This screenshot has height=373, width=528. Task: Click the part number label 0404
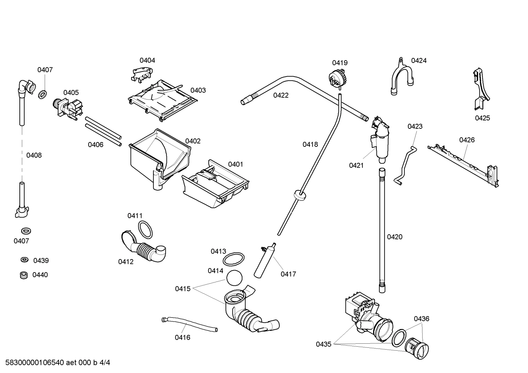point(147,60)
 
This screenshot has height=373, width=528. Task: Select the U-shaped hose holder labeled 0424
point(402,77)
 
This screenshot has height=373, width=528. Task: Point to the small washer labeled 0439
point(24,260)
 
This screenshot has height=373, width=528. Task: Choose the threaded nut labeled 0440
point(24,275)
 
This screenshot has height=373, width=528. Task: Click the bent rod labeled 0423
point(405,165)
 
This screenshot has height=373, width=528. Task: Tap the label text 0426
point(467,140)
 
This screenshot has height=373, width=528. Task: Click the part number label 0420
point(394,237)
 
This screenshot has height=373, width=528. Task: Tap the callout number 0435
point(324,344)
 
